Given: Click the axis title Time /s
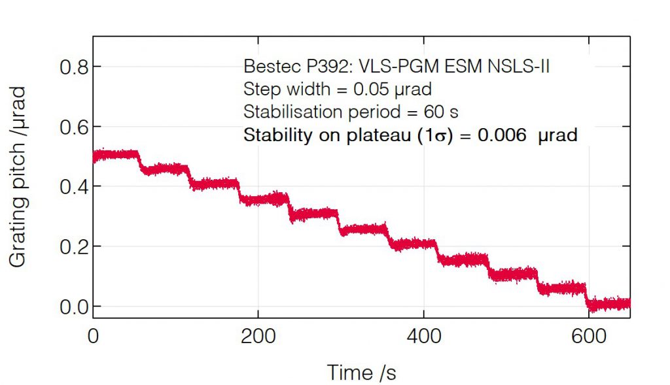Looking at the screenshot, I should coord(361,373).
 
